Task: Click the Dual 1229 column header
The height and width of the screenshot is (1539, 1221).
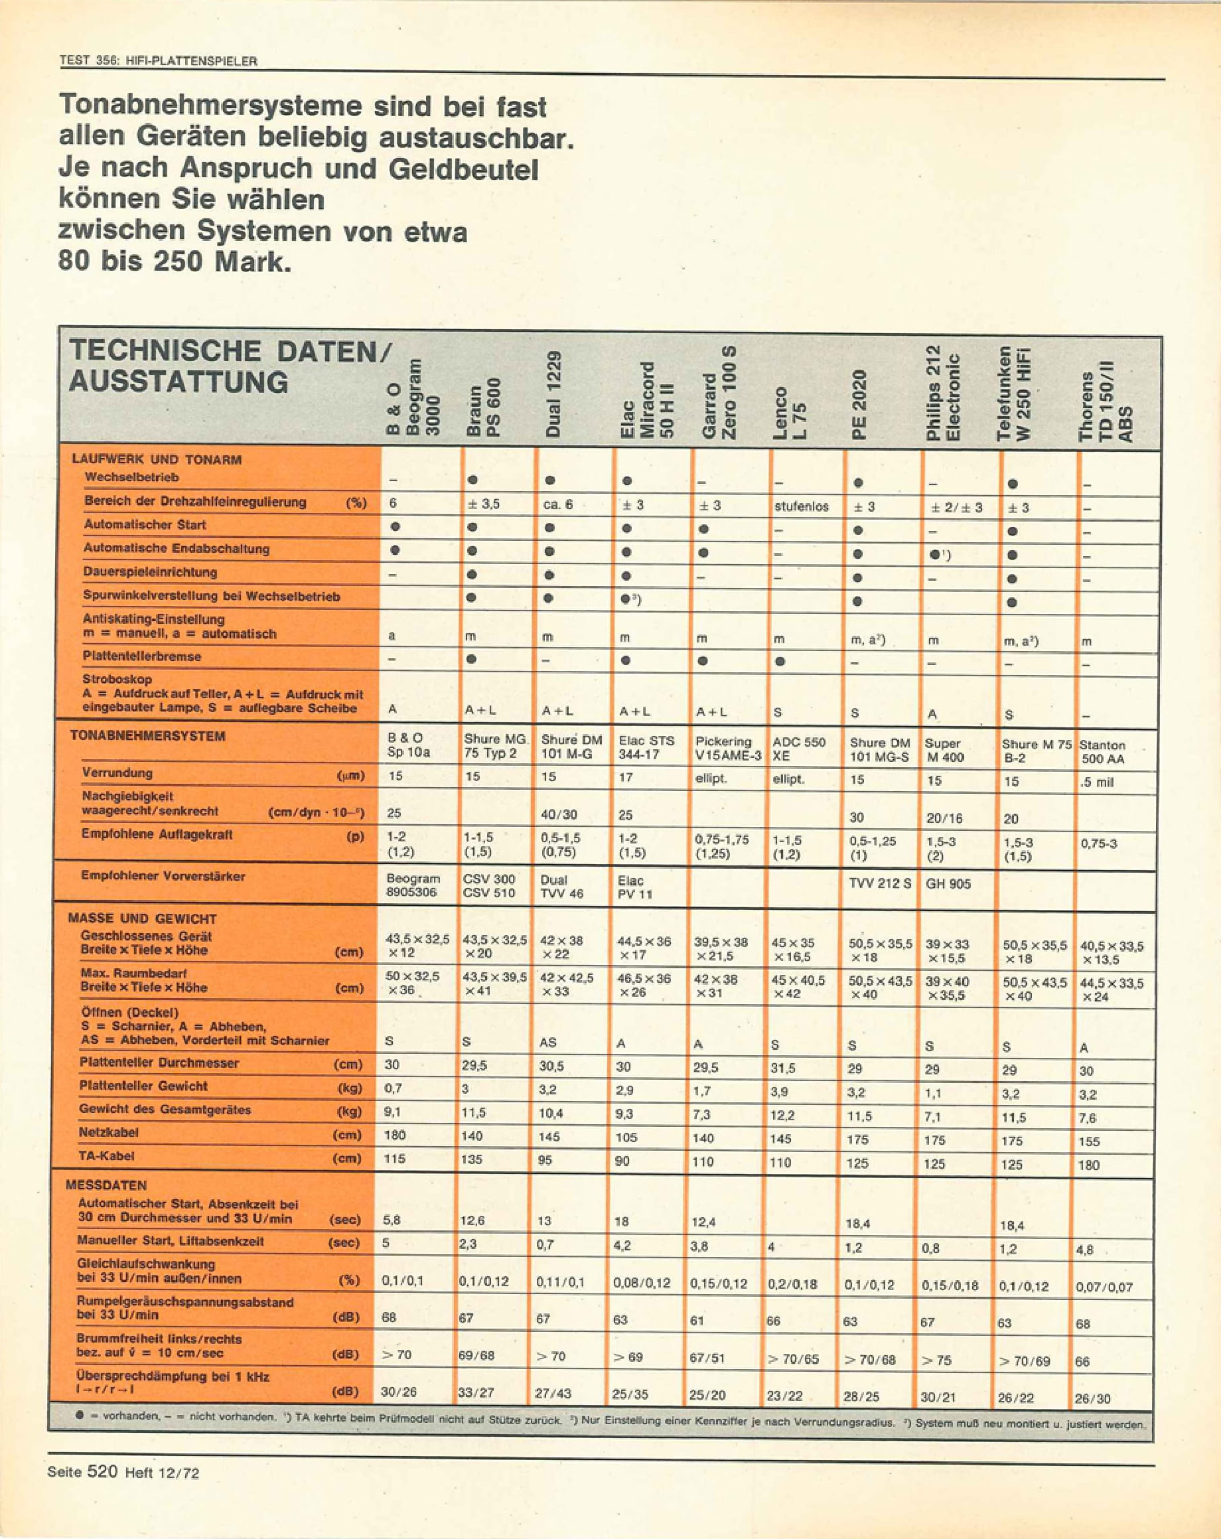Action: tap(553, 394)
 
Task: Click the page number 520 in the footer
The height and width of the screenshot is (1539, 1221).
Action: tap(102, 1471)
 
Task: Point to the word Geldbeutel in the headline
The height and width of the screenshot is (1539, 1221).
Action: tap(463, 169)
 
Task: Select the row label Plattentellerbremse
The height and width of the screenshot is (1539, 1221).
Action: tap(142, 656)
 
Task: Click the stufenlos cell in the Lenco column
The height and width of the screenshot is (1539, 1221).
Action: tap(801, 506)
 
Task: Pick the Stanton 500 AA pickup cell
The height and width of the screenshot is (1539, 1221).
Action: tap(1102, 752)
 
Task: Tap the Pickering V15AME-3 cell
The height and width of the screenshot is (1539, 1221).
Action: tap(728, 748)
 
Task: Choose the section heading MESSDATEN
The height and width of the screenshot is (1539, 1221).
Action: tap(106, 1185)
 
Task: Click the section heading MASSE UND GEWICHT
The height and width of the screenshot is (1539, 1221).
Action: tap(142, 918)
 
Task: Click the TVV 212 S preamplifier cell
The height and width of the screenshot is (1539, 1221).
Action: tap(879, 883)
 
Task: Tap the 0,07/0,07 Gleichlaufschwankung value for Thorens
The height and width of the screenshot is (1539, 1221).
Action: tap(1104, 1287)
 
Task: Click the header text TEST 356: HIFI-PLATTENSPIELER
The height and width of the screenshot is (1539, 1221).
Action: tap(158, 62)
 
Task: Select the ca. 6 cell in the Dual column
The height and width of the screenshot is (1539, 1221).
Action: tap(557, 504)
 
